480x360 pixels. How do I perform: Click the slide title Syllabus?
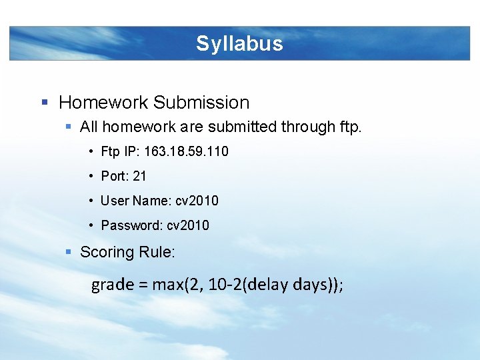tap(239, 44)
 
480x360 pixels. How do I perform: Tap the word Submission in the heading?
tap(201, 103)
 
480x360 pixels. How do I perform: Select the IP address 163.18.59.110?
tap(186, 151)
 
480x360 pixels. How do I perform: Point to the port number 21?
tap(139, 176)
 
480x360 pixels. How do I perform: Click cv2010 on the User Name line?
tap(197, 201)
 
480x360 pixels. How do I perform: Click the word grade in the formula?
tap(113, 285)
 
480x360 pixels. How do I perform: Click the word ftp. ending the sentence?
tap(350, 127)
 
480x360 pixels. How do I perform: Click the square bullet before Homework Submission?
tap(45, 103)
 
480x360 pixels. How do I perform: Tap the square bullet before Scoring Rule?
tap(69, 252)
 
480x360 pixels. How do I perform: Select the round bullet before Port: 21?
tap(91, 176)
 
